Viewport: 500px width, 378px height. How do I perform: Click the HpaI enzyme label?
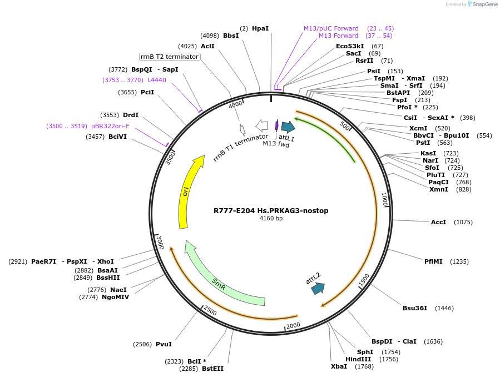(260, 28)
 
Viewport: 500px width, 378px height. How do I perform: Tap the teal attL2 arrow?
(318, 288)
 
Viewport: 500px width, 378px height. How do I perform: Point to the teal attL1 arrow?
(288, 127)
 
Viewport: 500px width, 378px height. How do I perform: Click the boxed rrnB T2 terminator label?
(170, 57)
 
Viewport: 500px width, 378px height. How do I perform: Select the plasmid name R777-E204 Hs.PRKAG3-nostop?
(271, 211)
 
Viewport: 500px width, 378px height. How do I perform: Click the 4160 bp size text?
(271, 219)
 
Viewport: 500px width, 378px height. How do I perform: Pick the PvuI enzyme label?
(164, 345)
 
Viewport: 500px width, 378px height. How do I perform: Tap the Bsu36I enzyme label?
(415, 308)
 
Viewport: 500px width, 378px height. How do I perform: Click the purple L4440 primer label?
(156, 80)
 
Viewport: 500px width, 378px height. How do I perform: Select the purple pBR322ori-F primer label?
(110, 126)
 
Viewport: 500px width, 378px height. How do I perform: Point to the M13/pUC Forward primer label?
(331, 28)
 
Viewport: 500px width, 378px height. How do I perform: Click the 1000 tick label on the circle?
(383, 199)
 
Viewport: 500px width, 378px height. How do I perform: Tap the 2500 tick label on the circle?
(210, 310)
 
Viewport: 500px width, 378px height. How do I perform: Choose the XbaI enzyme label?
(339, 366)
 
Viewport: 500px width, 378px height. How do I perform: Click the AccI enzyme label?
(438, 222)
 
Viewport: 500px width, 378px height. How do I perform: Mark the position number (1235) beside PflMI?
(459, 261)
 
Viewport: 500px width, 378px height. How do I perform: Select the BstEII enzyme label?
(212, 369)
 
